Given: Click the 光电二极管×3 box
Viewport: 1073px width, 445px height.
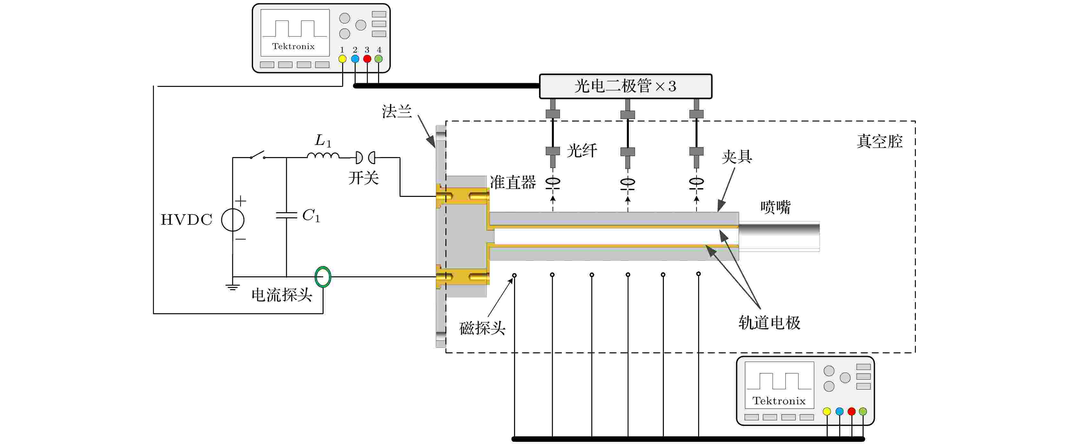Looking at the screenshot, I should tap(625, 86).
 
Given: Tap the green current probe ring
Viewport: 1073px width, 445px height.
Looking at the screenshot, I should tap(323, 277).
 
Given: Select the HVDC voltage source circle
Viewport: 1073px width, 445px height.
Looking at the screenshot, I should tap(232, 220).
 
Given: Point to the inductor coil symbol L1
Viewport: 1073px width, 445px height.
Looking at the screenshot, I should tap(323, 156).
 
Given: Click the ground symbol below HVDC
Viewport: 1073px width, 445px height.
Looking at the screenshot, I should tap(232, 287).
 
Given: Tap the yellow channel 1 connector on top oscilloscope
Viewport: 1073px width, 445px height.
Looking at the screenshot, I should tap(342, 59).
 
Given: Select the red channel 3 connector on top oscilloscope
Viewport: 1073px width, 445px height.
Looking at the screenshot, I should tap(367, 59).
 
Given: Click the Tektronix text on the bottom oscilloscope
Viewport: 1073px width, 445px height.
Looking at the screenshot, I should tap(779, 401).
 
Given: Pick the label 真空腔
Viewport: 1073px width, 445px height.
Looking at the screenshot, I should tap(879, 141).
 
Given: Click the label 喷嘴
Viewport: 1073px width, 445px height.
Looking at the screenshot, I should tap(775, 207).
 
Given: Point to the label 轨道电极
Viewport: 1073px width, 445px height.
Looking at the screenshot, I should tap(769, 323).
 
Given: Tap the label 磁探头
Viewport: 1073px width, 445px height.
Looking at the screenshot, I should tap(482, 328).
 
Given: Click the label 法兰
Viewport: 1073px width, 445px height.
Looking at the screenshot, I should tap(397, 112).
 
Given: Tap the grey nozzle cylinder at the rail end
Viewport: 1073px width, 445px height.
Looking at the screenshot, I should tap(779, 236).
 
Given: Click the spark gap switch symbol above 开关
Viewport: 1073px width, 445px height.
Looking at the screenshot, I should tap(365, 157).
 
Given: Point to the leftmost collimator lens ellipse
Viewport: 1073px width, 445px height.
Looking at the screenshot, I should tap(553, 181).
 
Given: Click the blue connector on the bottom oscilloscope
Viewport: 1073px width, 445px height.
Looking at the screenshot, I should tap(839, 411).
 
